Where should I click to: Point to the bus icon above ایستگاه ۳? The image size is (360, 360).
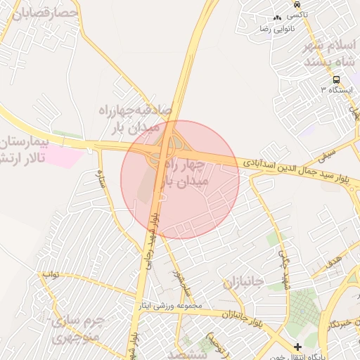click(x=337, y=79)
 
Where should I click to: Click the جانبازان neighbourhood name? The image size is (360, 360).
click(x=243, y=283)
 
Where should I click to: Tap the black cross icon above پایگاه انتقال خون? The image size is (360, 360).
click(x=297, y=347)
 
